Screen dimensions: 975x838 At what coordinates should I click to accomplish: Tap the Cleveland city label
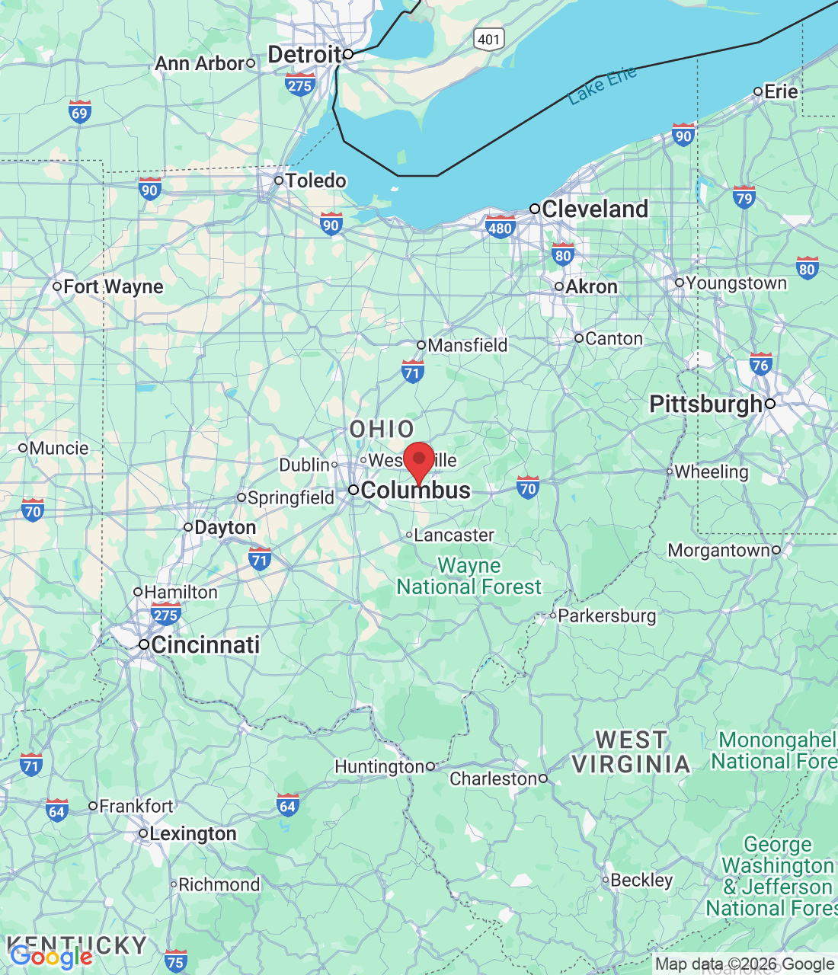594,209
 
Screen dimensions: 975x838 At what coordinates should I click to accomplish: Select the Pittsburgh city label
706,404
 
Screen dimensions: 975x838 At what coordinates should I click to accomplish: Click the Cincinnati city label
205,644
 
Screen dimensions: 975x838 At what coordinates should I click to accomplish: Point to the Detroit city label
305,55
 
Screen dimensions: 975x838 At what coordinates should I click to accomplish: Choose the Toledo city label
315,181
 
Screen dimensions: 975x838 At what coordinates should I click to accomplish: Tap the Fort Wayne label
113,287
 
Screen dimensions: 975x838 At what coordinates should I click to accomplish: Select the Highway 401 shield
488,40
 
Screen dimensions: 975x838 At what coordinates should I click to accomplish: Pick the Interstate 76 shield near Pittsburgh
760,363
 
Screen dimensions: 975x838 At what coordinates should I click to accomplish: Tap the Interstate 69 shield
79,112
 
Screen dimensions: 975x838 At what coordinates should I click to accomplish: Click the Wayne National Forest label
469,577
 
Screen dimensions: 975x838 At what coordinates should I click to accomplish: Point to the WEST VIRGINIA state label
631,752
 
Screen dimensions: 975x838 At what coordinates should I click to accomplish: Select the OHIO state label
382,429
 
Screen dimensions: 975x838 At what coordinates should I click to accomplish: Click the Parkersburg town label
606,615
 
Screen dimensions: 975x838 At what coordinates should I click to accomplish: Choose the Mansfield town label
467,345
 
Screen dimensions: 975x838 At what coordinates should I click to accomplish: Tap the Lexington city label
193,834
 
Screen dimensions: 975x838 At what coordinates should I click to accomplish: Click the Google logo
51,957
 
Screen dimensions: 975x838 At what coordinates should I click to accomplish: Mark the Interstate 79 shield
744,197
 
